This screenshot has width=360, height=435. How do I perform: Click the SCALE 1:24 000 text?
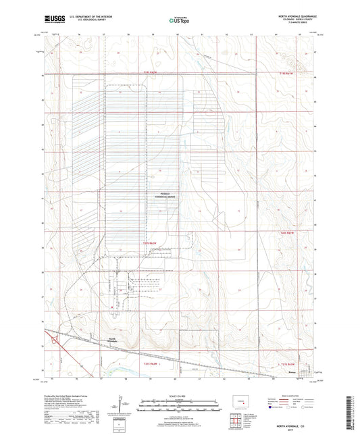(x=179, y=394)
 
